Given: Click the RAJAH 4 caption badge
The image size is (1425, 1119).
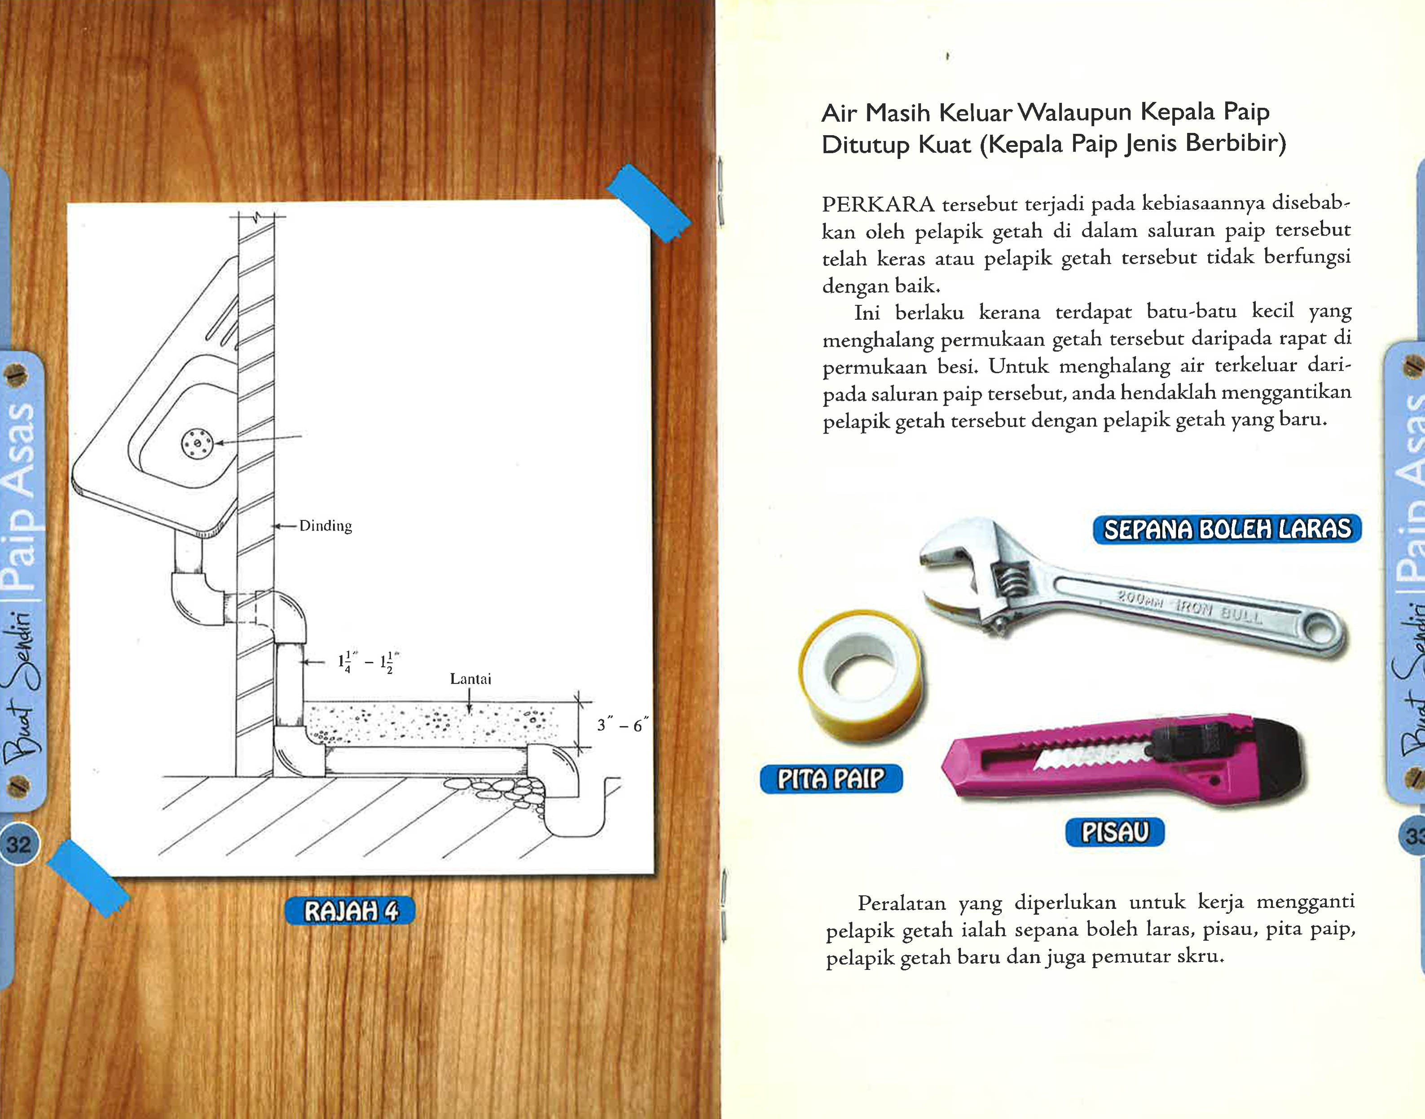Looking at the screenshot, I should (x=350, y=911).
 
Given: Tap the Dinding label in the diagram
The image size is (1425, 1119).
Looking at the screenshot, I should (x=325, y=526).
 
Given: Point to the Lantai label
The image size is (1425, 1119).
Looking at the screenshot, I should (x=470, y=679).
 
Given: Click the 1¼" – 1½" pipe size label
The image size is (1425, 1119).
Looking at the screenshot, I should (x=369, y=662).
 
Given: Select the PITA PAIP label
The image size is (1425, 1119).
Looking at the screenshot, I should (x=831, y=779).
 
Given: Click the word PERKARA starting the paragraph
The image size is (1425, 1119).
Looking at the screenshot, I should (x=878, y=204).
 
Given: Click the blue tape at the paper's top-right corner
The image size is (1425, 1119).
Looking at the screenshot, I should (x=648, y=203).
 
